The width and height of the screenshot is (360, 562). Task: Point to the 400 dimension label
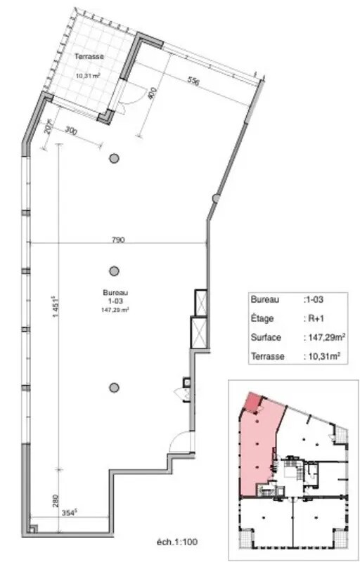point(150,95)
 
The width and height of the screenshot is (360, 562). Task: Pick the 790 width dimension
point(118,240)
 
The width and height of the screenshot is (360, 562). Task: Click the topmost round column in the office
point(113,159)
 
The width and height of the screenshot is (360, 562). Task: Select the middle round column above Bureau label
point(113,270)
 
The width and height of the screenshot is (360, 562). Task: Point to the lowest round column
point(113,386)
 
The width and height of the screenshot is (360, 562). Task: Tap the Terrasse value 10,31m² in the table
point(323,357)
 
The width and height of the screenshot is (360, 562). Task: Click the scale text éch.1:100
point(178,542)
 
